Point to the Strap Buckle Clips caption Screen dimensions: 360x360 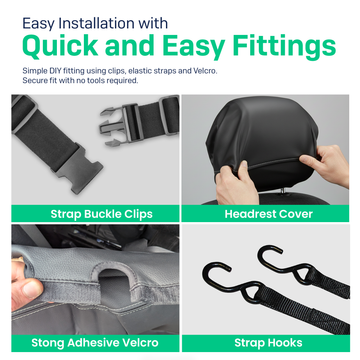pyautogui.click(x=101, y=214)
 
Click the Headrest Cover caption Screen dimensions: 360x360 pyautogui.click(x=269, y=214)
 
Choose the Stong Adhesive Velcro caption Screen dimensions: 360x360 pyautogui.click(x=95, y=343)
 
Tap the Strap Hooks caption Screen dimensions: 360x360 pyautogui.click(x=268, y=343)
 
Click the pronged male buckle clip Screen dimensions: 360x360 pyautogui.click(x=116, y=127)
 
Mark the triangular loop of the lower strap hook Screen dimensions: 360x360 pyautogui.click(x=253, y=293)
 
